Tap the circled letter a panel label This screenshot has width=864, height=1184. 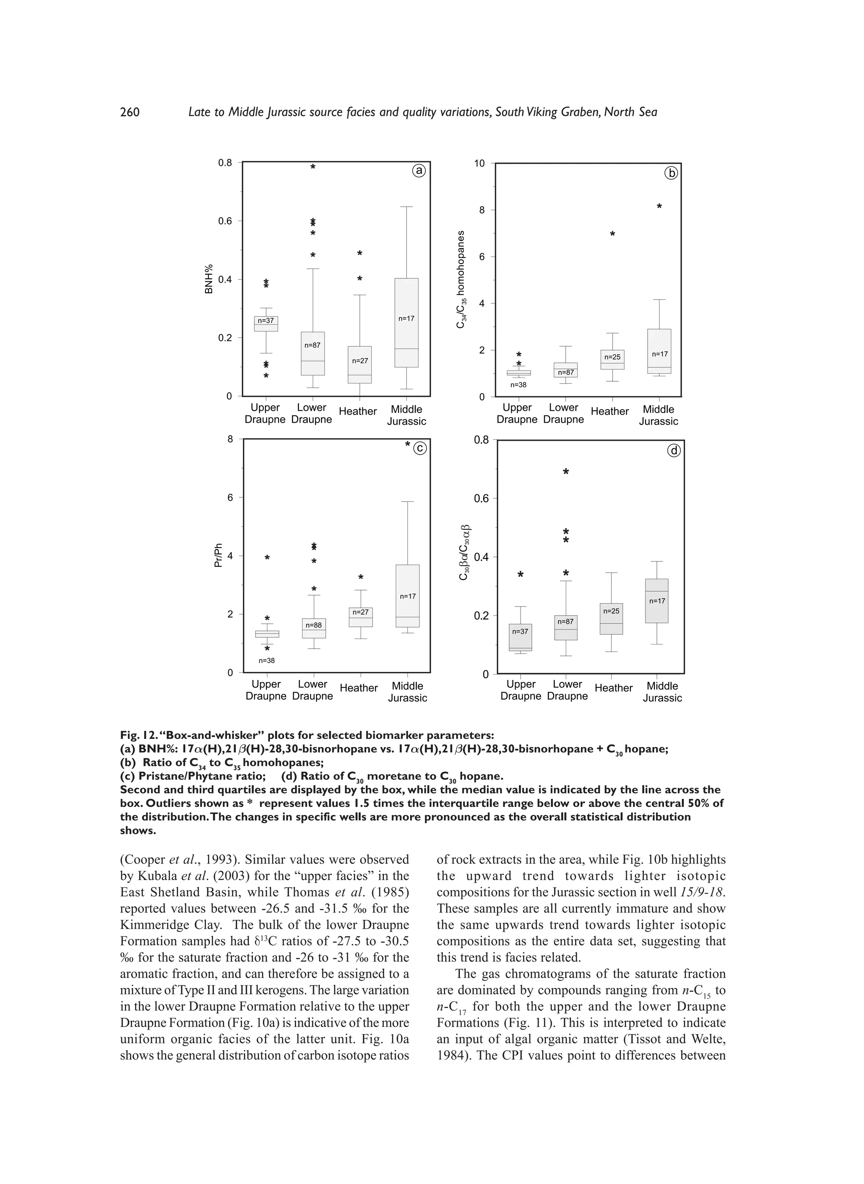point(419,171)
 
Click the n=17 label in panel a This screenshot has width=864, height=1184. point(406,318)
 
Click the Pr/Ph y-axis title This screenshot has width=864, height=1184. point(218,556)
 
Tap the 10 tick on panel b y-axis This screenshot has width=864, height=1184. point(479,164)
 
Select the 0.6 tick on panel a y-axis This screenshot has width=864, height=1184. point(225,221)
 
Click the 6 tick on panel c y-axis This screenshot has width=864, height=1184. point(230,497)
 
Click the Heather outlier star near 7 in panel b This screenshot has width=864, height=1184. point(613,234)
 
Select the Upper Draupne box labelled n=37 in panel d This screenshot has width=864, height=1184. point(521,637)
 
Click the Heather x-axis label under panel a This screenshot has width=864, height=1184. point(358,412)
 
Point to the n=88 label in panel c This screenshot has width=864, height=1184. point(314,625)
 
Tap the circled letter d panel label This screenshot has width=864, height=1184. point(674,450)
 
